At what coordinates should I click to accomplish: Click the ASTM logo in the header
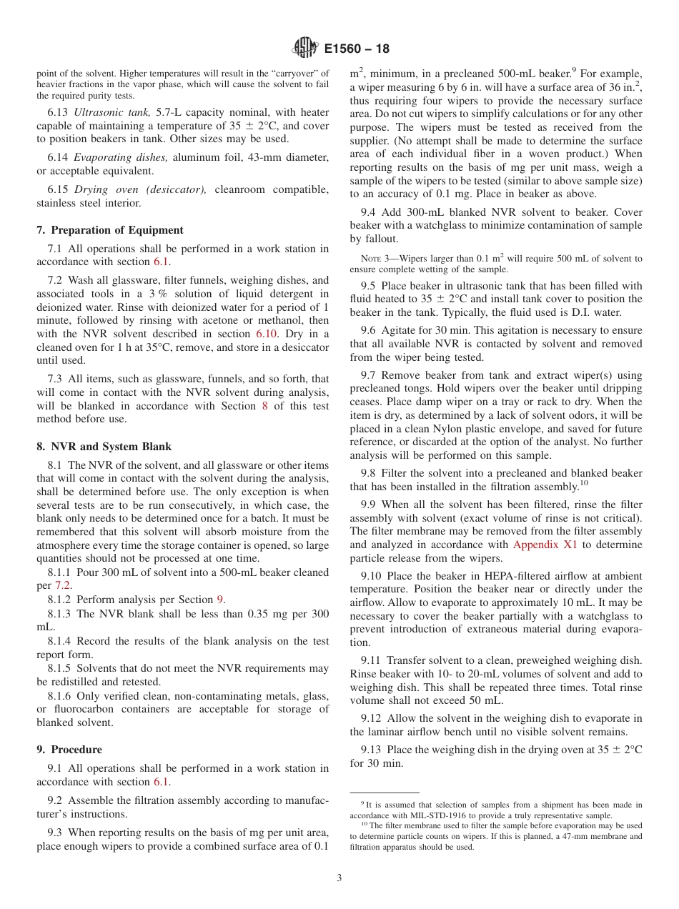click(305, 49)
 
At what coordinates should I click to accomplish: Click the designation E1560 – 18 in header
click(357, 49)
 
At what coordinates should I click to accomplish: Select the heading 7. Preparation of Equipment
click(109, 230)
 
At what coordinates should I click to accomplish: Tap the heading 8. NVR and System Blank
click(104, 447)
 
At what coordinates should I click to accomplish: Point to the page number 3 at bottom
click(339, 878)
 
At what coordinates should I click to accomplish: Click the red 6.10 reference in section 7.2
click(264, 334)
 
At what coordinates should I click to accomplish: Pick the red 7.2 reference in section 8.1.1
click(63, 585)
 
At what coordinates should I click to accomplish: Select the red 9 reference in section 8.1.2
click(220, 600)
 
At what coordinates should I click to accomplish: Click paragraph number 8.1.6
click(59, 695)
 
